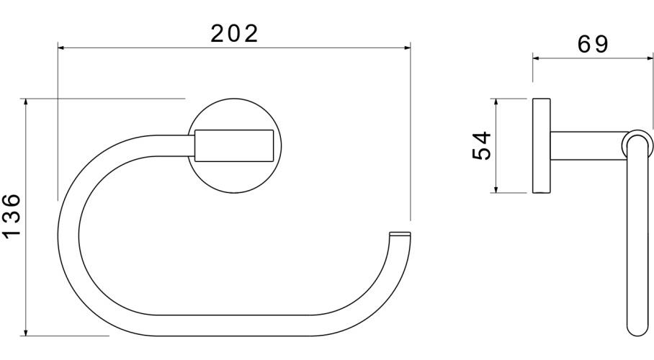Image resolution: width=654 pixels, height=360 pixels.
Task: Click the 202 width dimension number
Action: (x=234, y=33)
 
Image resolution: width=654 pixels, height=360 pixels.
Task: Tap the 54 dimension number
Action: (x=481, y=146)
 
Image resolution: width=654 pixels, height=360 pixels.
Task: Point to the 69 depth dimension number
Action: (x=593, y=44)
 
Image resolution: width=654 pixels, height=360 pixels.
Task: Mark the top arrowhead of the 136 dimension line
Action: (x=27, y=102)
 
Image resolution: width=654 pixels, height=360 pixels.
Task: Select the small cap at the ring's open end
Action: (x=400, y=235)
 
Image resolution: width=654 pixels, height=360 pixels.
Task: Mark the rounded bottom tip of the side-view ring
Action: (x=636, y=330)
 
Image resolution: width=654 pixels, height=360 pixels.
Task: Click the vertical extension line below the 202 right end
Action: (x=411, y=144)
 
